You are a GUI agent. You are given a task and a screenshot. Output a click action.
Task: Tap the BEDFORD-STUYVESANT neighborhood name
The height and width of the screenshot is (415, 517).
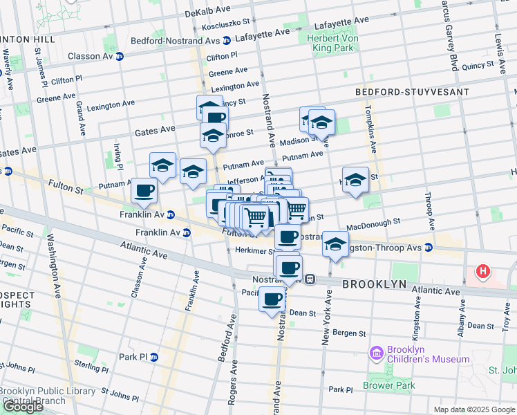[x=412, y=91]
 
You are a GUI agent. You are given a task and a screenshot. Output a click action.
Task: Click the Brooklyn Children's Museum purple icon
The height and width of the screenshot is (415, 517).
[x=376, y=353]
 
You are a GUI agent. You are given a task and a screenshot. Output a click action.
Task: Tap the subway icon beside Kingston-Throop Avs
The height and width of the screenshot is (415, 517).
[x=429, y=247]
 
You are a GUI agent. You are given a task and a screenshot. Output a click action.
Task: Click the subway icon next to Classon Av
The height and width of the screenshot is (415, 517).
[x=119, y=56]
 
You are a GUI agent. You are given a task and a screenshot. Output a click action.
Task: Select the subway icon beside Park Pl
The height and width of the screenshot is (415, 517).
[x=154, y=357]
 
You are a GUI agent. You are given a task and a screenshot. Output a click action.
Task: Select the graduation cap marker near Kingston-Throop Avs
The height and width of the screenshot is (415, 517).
[x=335, y=243]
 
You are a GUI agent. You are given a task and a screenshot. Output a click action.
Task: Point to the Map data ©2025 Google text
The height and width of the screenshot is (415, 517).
[x=474, y=409]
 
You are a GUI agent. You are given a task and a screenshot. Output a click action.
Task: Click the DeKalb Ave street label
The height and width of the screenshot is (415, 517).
[x=207, y=12]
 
